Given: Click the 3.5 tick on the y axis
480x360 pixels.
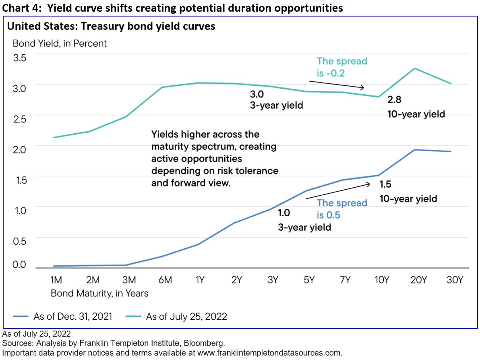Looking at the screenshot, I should click(20, 57).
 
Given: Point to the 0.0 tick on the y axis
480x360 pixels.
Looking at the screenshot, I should click(20, 265).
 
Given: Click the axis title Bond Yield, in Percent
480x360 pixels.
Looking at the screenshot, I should click(60, 43).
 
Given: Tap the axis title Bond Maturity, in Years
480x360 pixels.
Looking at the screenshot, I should click(99, 293).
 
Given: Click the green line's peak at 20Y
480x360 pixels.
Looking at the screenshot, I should click(415, 68).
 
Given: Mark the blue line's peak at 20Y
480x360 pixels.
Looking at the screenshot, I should click(415, 150).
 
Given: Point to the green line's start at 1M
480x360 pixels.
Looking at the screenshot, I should click(54, 138).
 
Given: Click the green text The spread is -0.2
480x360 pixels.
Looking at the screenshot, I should click(341, 67).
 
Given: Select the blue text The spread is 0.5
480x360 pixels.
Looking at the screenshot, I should click(341, 209).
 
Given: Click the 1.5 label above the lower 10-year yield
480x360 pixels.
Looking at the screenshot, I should click(385, 185).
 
